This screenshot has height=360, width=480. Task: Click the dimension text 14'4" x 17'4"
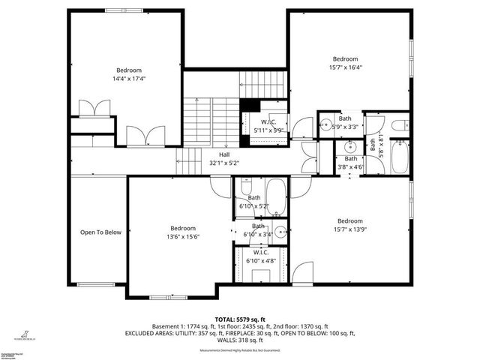pyautogui.click(x=129, y=78)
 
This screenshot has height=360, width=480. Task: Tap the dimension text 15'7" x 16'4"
pyautogui.click(x=346, y=67)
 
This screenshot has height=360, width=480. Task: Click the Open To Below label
pyautogui.click(x=100, y=232)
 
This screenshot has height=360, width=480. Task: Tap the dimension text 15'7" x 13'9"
pyautogui.click(x=349, y=229)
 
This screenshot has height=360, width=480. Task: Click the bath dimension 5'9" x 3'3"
pyautogui.click(x=345, y=127)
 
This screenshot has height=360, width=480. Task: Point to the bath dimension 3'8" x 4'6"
pyautogui.click(x=351, y=167)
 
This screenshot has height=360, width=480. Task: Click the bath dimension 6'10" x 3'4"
pyautogui.click(x=259, y=235)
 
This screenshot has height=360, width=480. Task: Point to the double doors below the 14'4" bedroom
pyautogui.click(x=142, y=136)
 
